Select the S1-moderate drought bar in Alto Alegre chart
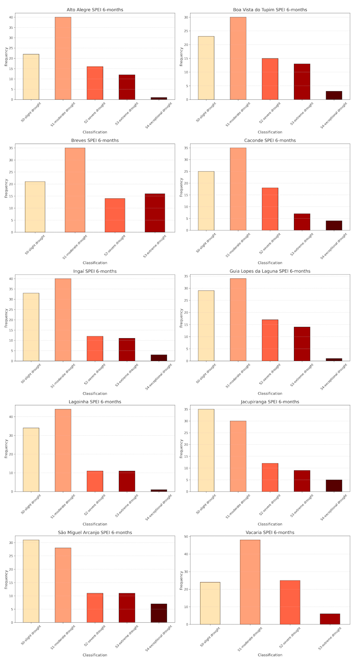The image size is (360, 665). click(63, 58)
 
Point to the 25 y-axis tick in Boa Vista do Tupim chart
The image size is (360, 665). click(186, 31)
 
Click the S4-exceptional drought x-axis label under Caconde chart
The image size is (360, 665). click(334, 246)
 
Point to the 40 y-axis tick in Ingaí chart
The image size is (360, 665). click(11, 279)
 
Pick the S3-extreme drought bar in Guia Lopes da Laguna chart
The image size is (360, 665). click(302, 344)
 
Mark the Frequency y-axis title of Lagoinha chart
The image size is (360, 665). click(6, 449)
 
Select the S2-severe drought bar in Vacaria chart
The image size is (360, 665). click(290, 602)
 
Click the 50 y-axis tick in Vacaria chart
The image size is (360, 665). click(186, 537)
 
